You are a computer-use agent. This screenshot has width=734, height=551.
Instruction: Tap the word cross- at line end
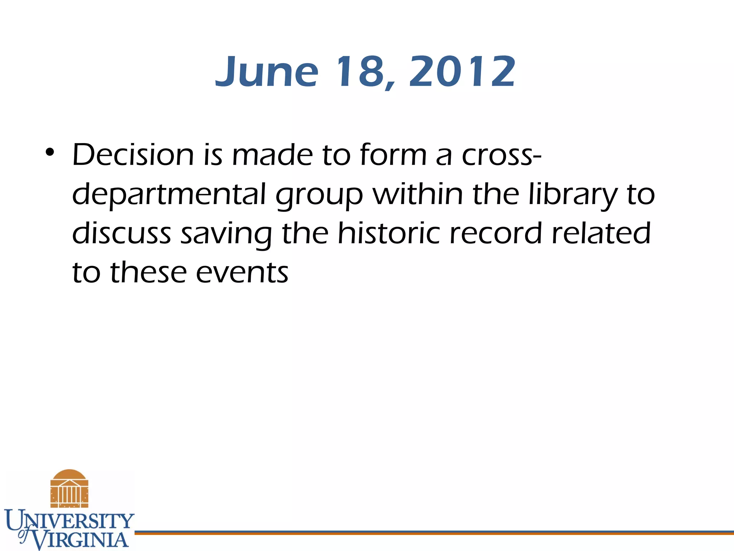pyautogui.click(x=501, y=156)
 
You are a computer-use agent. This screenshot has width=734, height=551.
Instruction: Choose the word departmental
pyautogui.click(x=169, y=195)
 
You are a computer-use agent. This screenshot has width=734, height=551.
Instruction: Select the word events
pyautogui.click(x=242, y=273)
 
